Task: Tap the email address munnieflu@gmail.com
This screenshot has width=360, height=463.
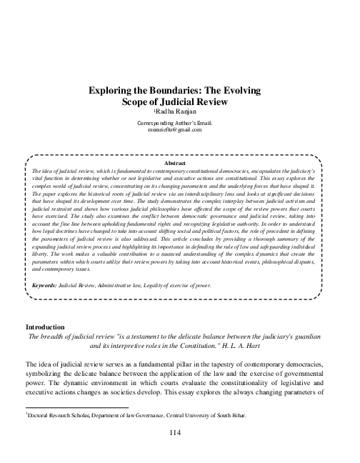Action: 179,130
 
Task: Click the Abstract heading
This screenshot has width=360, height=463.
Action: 179,164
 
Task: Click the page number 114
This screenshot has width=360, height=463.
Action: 179,433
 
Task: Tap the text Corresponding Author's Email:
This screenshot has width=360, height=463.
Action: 179,123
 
